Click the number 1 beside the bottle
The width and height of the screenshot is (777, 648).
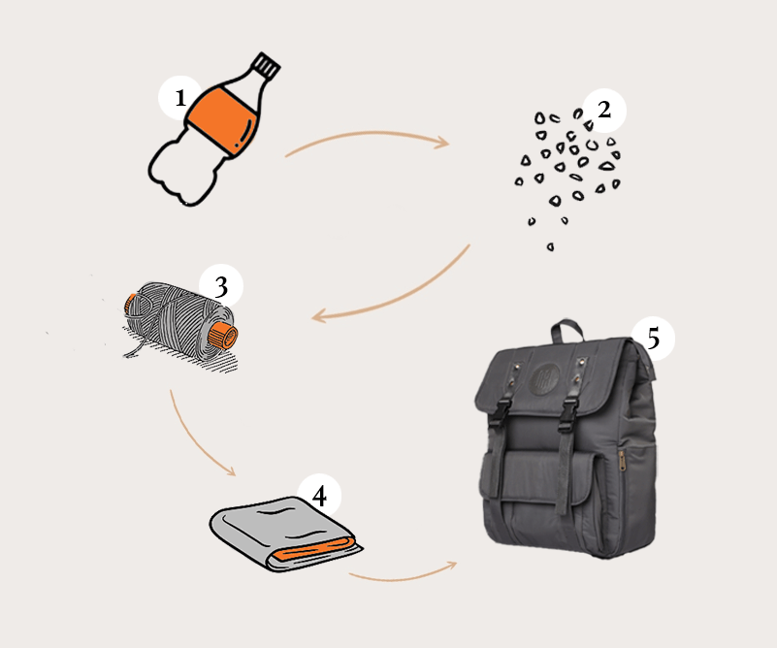pos(180,98)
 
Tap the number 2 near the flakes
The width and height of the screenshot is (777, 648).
pos(604,110)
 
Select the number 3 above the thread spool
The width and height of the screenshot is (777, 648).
pos(221,286)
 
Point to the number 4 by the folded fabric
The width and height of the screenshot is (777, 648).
pos(319,496)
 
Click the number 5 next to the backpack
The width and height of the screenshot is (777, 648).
pos(654,339)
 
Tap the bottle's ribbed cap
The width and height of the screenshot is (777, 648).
pos(267,65)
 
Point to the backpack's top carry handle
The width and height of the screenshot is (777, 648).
pos(567,327)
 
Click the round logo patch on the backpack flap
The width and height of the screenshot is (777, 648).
pos(544,380)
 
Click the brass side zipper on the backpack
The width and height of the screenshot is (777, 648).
pos(621,460)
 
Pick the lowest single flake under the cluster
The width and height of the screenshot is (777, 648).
pos(550,246)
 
